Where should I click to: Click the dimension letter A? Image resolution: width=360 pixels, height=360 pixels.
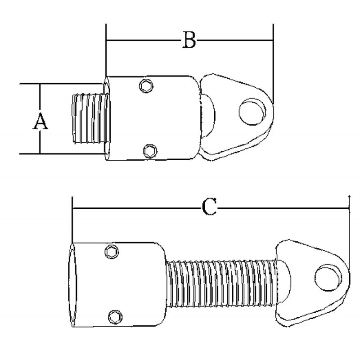pos(40,122)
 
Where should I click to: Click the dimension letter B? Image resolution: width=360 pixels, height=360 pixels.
pos(189,40)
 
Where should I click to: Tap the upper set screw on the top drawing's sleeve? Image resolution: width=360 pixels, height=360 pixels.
pos(145,85)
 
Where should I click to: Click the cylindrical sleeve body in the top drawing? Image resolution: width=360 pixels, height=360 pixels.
pos(166,118)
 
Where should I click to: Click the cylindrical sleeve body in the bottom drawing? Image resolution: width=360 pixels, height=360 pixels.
pos(130,283)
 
